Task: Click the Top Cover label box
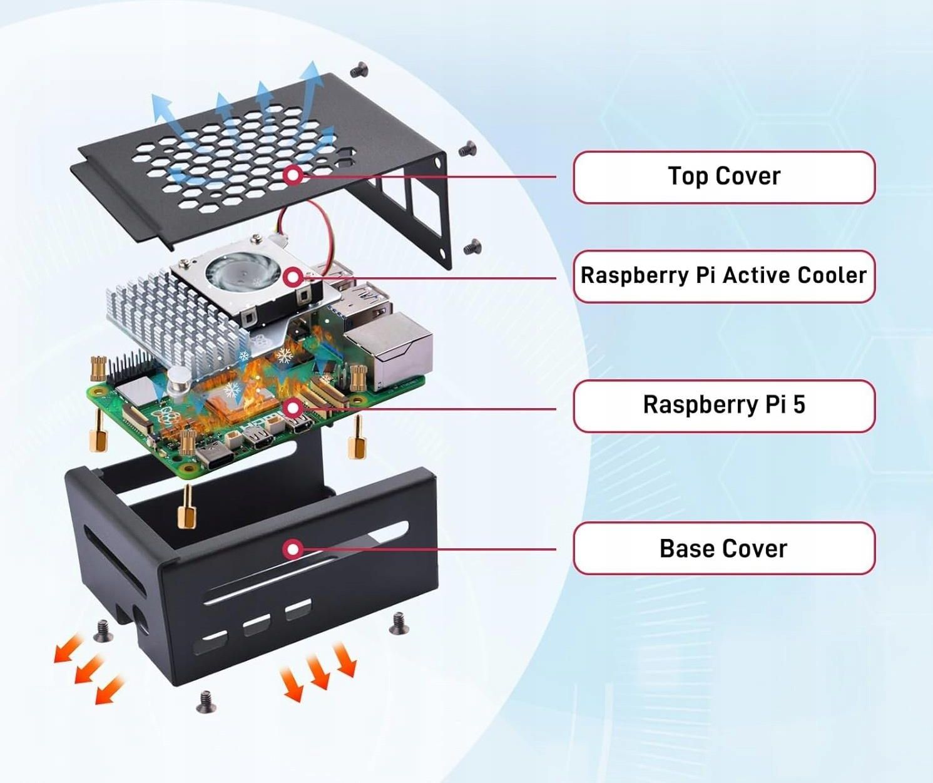[724, 177]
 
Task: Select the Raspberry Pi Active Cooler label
[724, 276]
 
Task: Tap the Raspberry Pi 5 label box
[724, 406]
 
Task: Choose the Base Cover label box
[724, 548]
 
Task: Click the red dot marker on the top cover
[293, 175]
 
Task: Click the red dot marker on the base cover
[292, 550]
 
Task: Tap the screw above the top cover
[359, 71]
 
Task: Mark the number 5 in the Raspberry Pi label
[798, 405]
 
